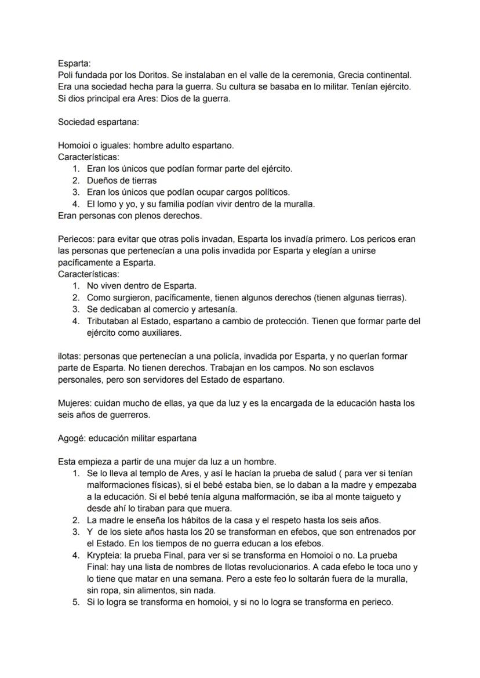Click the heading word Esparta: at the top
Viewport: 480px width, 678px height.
click(x=74, y=64)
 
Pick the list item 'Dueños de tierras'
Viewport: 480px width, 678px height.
click(x=122, y=180)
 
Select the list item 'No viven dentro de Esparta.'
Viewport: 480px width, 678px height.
click(x=141, y=286)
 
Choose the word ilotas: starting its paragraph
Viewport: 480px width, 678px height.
click(x=70, y=356)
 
